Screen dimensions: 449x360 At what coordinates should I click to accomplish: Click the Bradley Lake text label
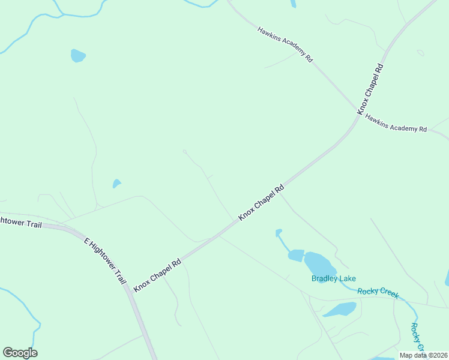(x=333, y=278)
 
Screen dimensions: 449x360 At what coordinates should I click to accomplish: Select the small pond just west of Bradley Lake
(x=296, y=255)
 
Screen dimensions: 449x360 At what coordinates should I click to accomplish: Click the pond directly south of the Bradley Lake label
(x=341, y=310)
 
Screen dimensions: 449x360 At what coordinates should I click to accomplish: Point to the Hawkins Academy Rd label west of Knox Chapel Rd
(x=285, y=44)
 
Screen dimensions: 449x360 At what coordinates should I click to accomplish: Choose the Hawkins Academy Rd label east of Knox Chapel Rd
(x=396, y=124)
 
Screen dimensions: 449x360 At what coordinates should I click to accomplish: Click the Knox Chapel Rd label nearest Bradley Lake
(x=261, y=202)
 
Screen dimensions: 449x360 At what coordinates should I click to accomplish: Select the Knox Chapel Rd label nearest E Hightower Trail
(x=157, y=275)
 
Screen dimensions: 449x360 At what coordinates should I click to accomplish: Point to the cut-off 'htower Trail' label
(x=21, y=221)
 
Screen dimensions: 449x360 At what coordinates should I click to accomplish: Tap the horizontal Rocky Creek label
(x=378, y=293)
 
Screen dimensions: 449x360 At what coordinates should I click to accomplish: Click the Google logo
(x=20, y=353)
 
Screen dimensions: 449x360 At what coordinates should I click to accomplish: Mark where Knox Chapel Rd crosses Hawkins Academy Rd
(x=358, y=112)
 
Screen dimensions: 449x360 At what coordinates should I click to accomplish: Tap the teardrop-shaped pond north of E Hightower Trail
(x=116, y=183)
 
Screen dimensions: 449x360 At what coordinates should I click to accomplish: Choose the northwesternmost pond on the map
(x=77, y=56)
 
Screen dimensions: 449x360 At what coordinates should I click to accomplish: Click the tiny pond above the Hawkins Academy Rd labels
(x=293, y=3)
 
